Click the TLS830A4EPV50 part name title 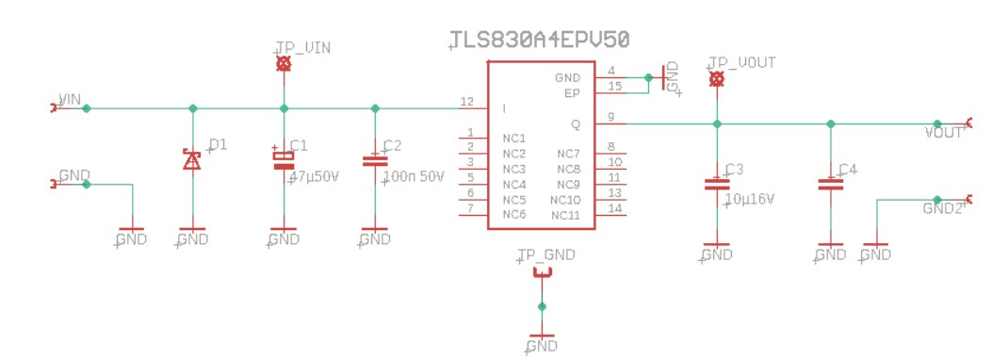coord(539,39)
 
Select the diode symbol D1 coord(193,160)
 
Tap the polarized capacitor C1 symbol coord(284,161)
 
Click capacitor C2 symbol coord(375,161)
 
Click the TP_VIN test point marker coord(284,64)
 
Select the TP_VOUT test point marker coord(717,78)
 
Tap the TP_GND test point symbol coord(542,273)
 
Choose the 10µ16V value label coord(749,199)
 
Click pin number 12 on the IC coord(466,101)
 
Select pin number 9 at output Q coord(611,117)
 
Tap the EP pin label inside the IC coord(572,93)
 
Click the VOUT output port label coord(944,133)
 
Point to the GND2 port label coord(942,208)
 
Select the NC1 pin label coord(513,139)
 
